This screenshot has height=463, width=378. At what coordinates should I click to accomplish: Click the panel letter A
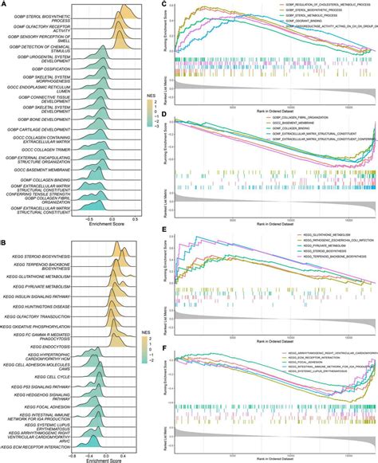pyautogui.click(x=4, y=4)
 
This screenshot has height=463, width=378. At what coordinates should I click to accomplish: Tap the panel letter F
pyautogui.click(x=163, y=347)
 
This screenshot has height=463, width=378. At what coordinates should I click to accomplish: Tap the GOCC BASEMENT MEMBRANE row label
pyautogui.click(x=45, y=170)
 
